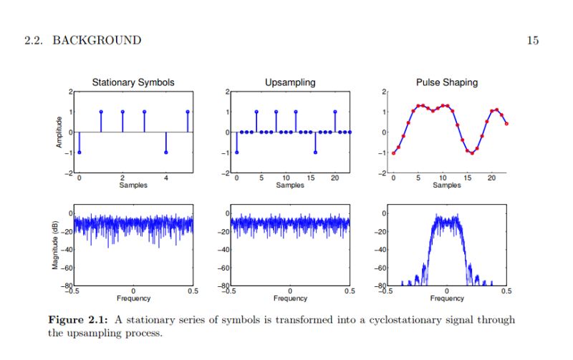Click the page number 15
coord(532,40)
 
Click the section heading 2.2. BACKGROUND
coord(82,40)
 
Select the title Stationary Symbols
coord(133,82)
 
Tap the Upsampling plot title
coord(289,82)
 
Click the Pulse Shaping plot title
coord(447,82)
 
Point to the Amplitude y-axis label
coord(60,132)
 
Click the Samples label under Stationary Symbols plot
coord(133,185)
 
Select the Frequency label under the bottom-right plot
coord(447,298)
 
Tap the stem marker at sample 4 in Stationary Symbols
coord(166,152)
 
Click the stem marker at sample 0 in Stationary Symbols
coord(80,152)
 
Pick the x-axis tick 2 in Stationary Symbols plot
coord(122,178)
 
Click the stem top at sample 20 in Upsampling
coord(334,112)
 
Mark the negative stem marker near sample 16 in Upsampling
coord(315,152)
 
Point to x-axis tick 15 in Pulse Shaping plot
coord(467,178)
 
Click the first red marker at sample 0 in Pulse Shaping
coord(393,152)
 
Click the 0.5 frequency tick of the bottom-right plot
coord(506,292)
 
